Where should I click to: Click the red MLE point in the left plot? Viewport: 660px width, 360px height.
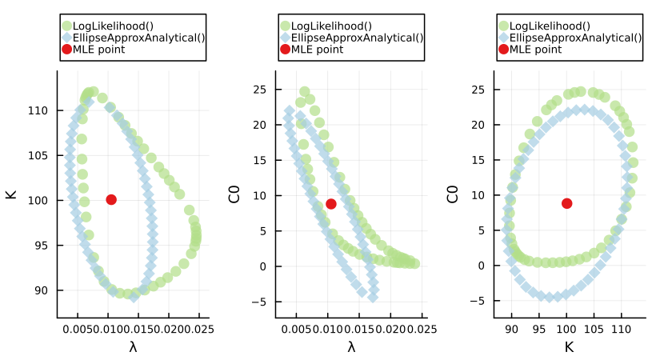[111, 199]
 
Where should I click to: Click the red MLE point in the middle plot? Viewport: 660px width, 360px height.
[331, 204]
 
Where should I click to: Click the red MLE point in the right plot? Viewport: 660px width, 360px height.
[566, 203]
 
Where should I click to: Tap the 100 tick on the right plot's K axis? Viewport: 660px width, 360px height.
[566, 329]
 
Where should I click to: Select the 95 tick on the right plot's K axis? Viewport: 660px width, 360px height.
[539, 329]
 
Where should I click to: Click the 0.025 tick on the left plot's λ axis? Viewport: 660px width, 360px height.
[198, 329]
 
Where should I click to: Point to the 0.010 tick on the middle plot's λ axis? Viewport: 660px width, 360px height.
[328, 329]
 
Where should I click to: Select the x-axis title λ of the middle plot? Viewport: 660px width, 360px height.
[351, 347]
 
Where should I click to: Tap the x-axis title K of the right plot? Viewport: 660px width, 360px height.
[570, 347]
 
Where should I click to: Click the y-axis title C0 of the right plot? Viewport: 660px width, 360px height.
[452, 194]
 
